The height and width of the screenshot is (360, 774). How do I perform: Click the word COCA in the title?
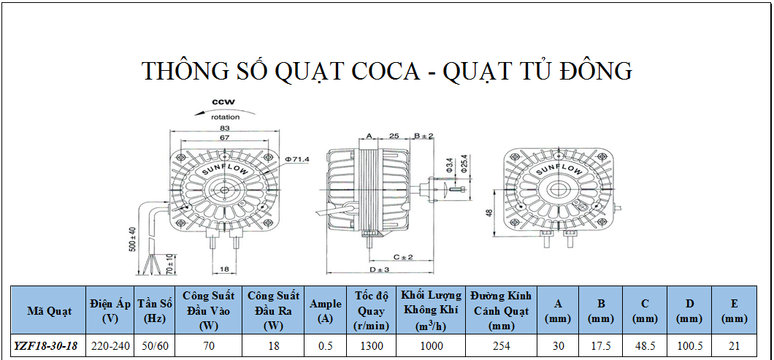coord(385,71)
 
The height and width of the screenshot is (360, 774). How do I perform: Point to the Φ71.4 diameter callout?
coord(296,159)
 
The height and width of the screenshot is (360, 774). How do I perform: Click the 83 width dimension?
coord(225,128)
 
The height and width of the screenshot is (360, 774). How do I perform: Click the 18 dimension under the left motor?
coord(224,269)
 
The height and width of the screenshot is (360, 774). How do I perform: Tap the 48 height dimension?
coord(488,212)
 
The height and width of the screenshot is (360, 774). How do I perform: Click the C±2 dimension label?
coord(403,257)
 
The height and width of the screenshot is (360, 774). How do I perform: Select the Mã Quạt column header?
coord(49,311)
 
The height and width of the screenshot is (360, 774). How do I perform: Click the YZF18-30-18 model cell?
coord(46,345)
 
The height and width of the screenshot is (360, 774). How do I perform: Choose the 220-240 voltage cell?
coord(110,346)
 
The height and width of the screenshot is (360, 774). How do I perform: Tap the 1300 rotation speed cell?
coord(372,346)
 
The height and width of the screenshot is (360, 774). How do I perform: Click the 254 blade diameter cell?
coord(501,346)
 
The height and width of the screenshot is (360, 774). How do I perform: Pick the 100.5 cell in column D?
coord(689,346)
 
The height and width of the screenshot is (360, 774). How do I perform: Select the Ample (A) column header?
coord(325,311)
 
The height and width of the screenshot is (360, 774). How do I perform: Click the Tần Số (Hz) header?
coord(155,311)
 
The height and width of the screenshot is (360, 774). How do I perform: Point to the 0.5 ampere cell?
coord(325,346)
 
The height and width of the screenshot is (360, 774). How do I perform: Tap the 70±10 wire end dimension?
coord(169,265)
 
